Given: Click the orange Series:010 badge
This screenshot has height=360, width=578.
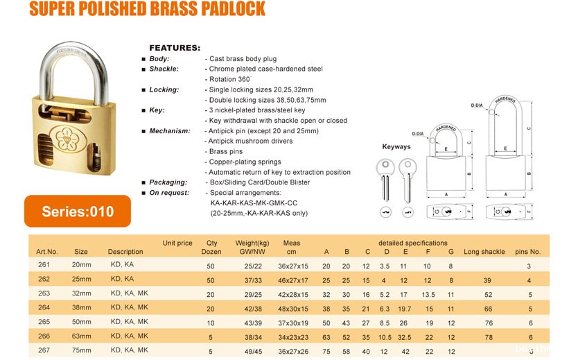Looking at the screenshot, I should tap(77, 212).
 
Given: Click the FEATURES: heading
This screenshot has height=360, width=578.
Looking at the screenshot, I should tap(175, 48).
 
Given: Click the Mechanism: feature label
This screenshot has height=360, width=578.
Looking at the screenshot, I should tap(169, 130).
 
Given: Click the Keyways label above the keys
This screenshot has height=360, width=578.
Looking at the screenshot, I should tap(396, 147).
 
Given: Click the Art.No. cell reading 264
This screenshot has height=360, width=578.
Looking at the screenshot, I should tap(44, 308).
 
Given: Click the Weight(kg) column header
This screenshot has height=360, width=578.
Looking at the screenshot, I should tap(252, 243).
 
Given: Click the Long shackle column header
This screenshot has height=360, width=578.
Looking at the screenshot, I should tap(484, 252).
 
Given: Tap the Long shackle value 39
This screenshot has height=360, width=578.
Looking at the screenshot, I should tap(487, 280).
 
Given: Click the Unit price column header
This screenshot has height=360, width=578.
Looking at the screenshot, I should tap(177, 243).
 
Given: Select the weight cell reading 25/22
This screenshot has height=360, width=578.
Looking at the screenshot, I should tap(252, 266).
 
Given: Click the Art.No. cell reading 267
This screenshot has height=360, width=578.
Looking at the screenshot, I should tap(44, 350).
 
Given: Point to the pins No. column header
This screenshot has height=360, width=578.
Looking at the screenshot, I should tap(527, 252).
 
